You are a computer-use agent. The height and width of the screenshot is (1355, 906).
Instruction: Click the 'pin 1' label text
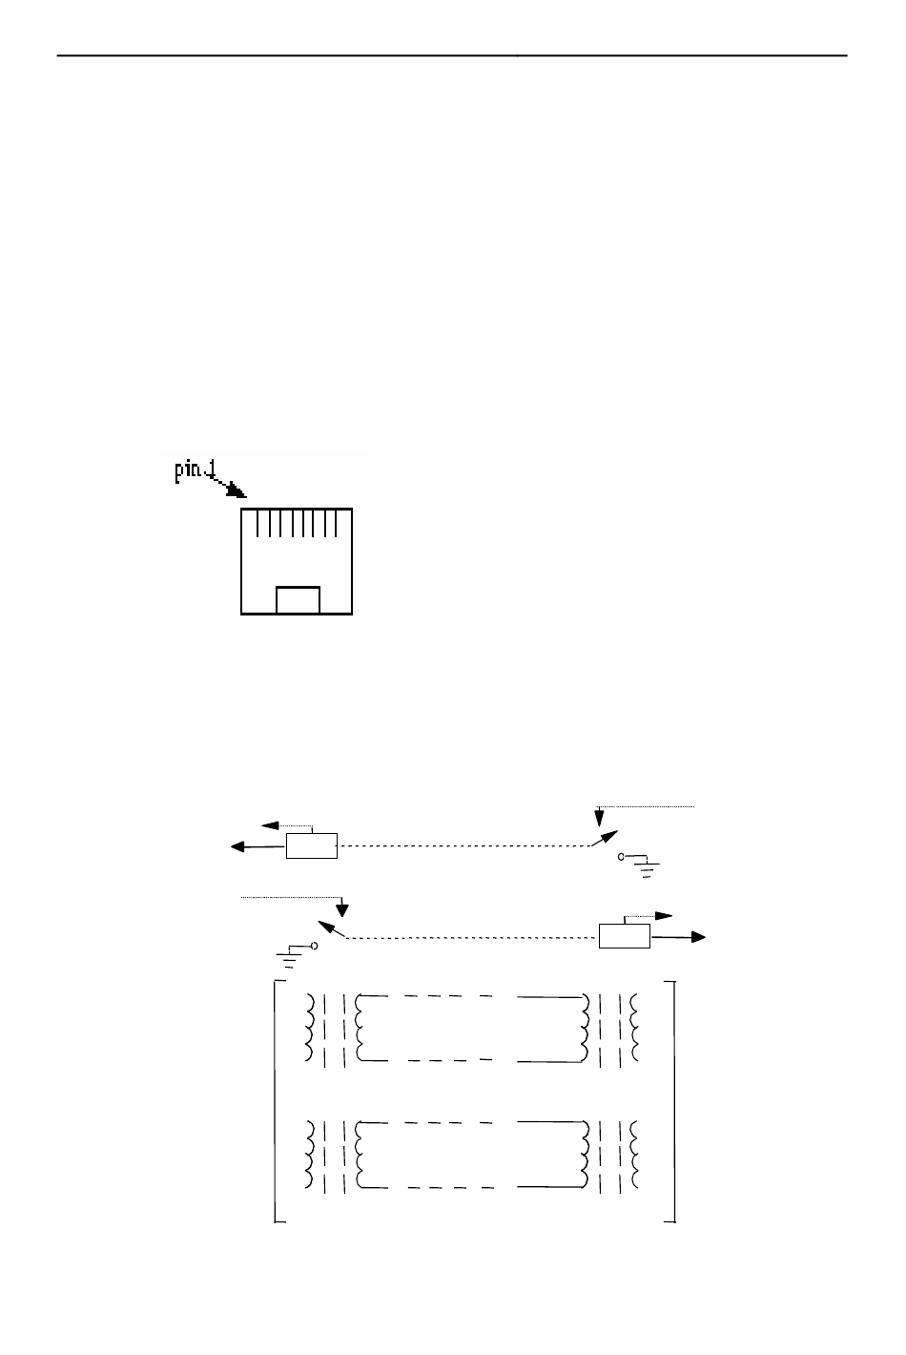pyautogui.click(x=195, y=472)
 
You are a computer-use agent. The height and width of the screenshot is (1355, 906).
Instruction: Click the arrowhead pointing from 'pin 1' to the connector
pyautogui.click(x=236, y=491)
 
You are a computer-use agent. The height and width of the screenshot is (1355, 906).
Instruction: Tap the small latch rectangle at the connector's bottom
pyautogui.click(x=298, y=599)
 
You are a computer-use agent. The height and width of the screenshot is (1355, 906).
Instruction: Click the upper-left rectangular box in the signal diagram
pyautogui.click(x=311, y=845)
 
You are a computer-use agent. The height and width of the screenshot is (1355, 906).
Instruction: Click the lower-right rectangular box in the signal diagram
pyautogui.click(x=624, y=936)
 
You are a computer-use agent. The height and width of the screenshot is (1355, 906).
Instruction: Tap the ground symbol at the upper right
pyautogui.click(x=649, y=866)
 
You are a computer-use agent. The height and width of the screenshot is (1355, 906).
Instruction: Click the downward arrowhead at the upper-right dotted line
pyautogui.click(x=599, y=818)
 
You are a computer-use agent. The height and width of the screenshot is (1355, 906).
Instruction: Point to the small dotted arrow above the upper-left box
pyautogui.click(x=271, y=825)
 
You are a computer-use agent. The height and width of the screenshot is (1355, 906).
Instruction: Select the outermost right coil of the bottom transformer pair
pyautogui.click(x=636, y=1155)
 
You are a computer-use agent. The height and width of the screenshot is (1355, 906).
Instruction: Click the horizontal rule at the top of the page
pyautogui.click(x=452, y=55)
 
